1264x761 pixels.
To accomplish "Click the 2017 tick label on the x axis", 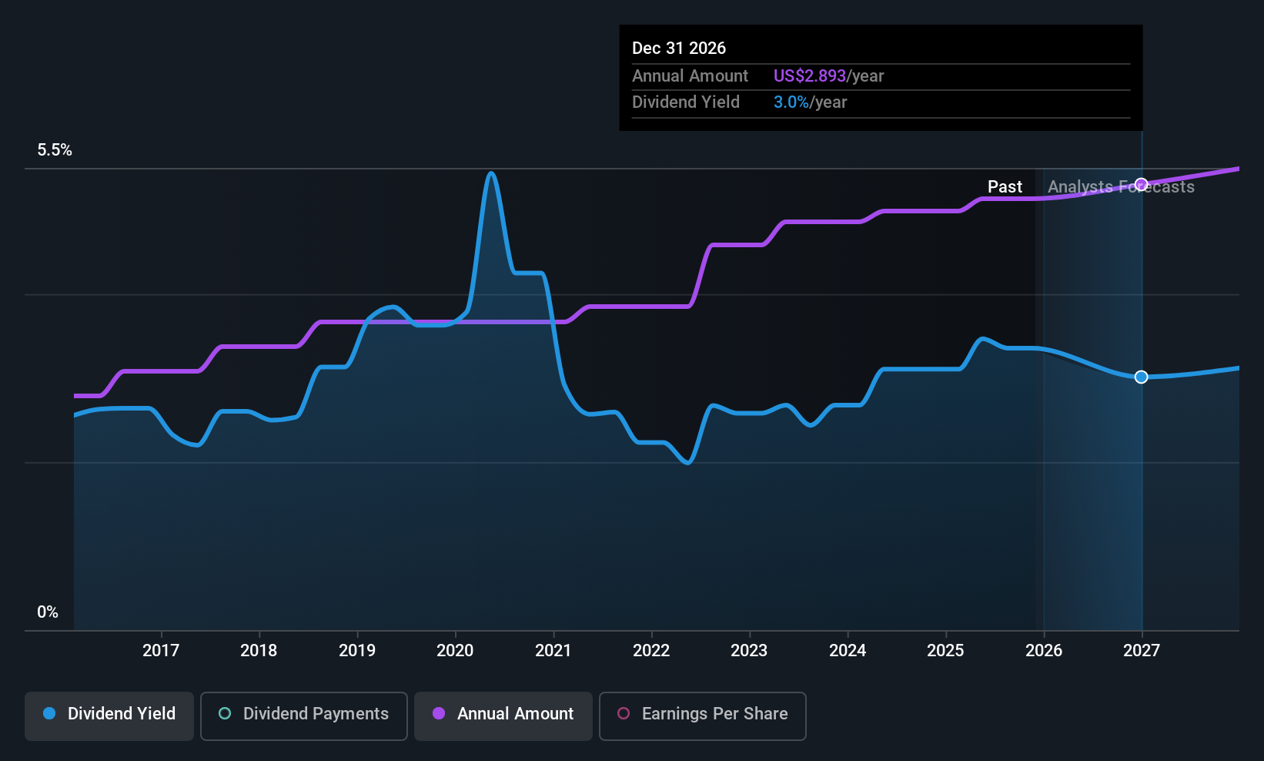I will (x=160, y=650).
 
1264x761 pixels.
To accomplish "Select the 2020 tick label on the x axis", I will (x=455, y=650).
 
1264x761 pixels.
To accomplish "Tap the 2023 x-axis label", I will (x=749, y=650).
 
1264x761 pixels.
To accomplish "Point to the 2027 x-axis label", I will (x=1141, y=650).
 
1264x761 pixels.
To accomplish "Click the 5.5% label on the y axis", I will (x=55, y=150).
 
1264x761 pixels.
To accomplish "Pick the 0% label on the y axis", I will (x=48, y=612).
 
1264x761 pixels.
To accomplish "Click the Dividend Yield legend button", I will (x=109, y=715).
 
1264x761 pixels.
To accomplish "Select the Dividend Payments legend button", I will (x=304, y=715).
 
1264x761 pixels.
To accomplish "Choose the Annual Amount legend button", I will (x=503, y=715).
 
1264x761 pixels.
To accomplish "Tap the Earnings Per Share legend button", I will (x=702, y=715).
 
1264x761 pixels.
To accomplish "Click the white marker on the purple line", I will (x=1142, y=184).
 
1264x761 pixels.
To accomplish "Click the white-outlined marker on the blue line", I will (x=1142, y=377).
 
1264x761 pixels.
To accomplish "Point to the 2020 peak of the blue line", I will (x=491, y=173).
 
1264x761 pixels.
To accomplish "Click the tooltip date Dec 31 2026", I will (x=679, y=48).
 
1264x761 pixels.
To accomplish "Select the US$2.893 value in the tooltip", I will (x=809, y=75).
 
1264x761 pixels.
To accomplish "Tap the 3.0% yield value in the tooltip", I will (x=791, y=102).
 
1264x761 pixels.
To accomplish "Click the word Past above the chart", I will (x=1005, y=186).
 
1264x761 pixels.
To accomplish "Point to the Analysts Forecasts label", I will (x=1121, y=186).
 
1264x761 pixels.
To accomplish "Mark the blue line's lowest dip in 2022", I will (x=688, y=462).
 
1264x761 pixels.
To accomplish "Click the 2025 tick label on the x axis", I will (x=945, y=650).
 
